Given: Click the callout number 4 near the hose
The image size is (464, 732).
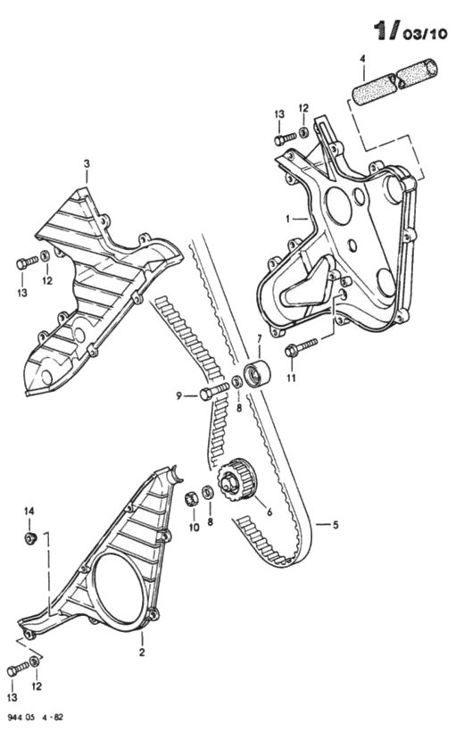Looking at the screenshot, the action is click(361, 59).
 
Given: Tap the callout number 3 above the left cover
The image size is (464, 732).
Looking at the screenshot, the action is click(87, 164).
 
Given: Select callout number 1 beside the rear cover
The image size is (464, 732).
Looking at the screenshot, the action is click(288, 218).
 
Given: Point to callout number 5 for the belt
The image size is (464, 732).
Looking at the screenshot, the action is click(336, 525).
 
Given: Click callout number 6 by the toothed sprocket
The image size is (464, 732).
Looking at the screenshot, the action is click(269, 512).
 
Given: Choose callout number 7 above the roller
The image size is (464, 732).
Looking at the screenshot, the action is click(260, 338).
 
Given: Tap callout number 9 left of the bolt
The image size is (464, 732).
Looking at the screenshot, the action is click(178, 396).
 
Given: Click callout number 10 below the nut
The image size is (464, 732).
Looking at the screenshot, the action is click(195, 528).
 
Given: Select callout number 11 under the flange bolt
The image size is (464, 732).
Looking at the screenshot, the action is click(291, 378).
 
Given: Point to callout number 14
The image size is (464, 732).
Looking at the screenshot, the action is click(29, 512).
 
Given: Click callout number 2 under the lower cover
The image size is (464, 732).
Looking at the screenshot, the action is click(142, 653).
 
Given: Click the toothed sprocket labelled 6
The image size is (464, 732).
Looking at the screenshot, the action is click(237, 480).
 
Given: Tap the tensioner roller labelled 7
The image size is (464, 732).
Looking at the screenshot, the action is click(256, 373).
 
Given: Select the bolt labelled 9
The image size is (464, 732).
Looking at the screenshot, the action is click(214, 391).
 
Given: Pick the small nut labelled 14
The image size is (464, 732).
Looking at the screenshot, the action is click(30, 538).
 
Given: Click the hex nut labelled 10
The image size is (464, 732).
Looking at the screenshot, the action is click(192, 498).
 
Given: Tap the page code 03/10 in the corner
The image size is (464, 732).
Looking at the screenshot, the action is click(426, 34).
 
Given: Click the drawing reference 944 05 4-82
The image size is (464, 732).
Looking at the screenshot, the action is click(35, 717).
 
